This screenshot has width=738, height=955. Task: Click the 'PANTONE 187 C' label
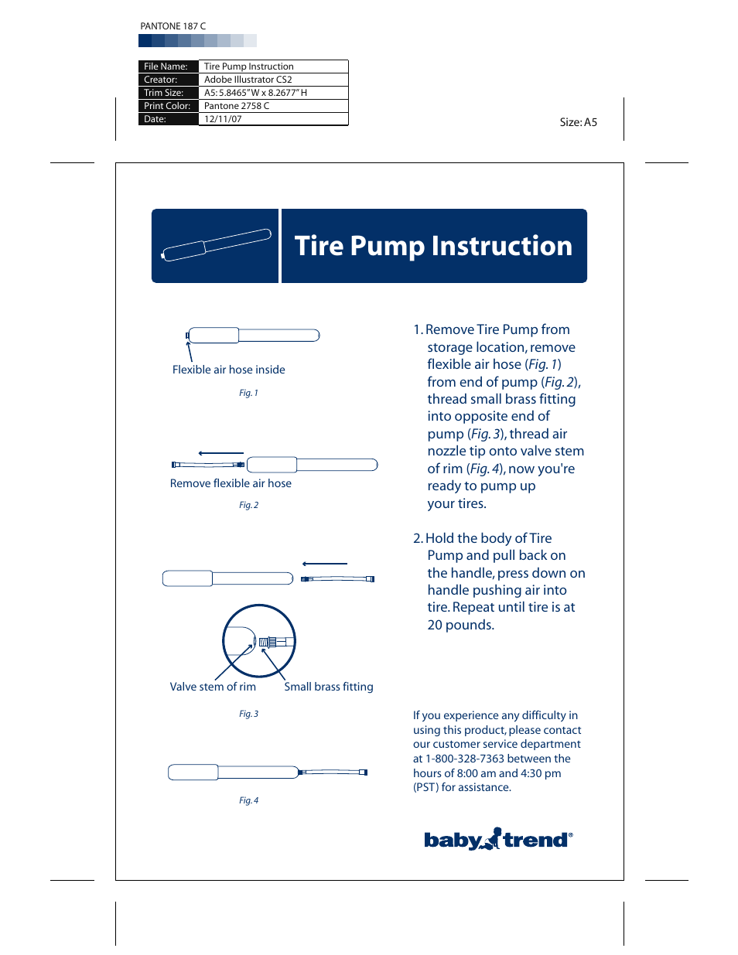tap(173, 26)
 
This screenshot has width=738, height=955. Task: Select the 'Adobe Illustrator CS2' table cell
tap(248, 80)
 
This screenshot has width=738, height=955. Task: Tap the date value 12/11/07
tap(223, 119)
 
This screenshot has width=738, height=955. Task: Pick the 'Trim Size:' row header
tap(164, 93)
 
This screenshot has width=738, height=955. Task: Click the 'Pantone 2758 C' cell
tap(237, 106)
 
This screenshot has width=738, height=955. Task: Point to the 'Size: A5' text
tap(578, 122)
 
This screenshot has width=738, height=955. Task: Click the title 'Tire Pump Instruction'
tap(433, 246)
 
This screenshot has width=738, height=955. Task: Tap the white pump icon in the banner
tap(216, 245)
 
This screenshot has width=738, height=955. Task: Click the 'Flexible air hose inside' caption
tap(228, 370)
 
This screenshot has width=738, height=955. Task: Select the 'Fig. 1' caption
tap(248, 393)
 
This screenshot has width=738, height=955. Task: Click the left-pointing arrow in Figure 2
tap(220, 453)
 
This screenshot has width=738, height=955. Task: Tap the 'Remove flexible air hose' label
tap(231, 483)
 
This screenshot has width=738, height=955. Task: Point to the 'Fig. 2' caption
tap(248, 505)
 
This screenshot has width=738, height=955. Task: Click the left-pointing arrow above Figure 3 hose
tap(324, 564)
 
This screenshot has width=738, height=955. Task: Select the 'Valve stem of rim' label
tap(213, 687)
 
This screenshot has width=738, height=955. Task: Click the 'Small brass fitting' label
tap(328, 687)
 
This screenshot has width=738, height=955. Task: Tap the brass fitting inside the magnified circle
tap(268, 642)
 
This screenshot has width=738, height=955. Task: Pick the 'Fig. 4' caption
tap(248, 800)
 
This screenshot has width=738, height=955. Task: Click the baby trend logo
tap(497, 840)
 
